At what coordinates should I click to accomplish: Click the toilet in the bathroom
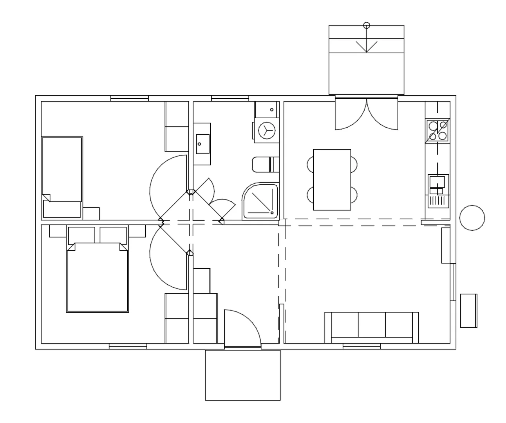click(x=265, y=164)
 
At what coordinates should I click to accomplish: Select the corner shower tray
click(x=260, y=202)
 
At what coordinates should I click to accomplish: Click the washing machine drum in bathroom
click(x=267, y=130)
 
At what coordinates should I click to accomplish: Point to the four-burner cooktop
click(x=437, y=131)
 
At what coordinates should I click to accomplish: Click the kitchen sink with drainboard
click(x=438, y=191)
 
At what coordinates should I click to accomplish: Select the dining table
click(x=332, y=180)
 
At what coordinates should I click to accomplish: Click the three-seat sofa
click(x=371, y=327)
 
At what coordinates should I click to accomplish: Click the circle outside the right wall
click(x=472, y=218)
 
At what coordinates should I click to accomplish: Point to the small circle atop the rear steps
click(x=367, y=25)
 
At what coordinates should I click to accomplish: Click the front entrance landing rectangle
click(x=242, y=375)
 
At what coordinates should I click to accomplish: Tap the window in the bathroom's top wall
click(x=230, y=98)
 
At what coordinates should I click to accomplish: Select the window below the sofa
click(x=361, y=346)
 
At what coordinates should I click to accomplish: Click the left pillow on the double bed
click(x=81, y=235)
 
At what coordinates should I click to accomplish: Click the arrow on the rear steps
click(x=367, y=45)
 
